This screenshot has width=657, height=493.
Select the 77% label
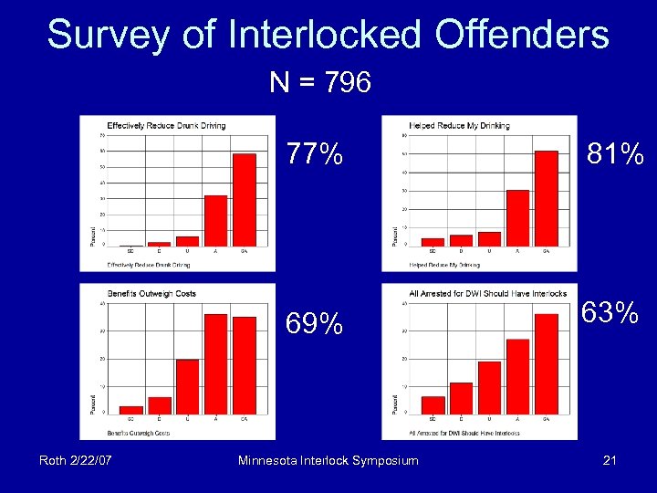pos(315,153)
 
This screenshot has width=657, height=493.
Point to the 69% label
pos(315,323)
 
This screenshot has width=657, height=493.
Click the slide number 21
pos(610,460)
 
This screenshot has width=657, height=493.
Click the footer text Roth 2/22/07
pos(76,460)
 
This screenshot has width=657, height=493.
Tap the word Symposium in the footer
pos(379,460)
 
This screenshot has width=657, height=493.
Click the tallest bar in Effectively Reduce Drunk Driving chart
pos(244,200)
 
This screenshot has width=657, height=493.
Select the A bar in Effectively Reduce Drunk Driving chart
pos(215,220)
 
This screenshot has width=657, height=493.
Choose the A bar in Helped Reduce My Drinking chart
pos(517,217)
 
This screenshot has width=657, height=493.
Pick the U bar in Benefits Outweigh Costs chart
pos(187,386)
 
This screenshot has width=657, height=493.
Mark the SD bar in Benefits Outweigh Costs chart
pos(131,409)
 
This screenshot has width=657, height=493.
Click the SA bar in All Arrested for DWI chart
pos(546,363)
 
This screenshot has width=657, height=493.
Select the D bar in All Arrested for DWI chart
pos(461,397)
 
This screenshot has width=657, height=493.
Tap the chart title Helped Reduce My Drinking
pos(460,125)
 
